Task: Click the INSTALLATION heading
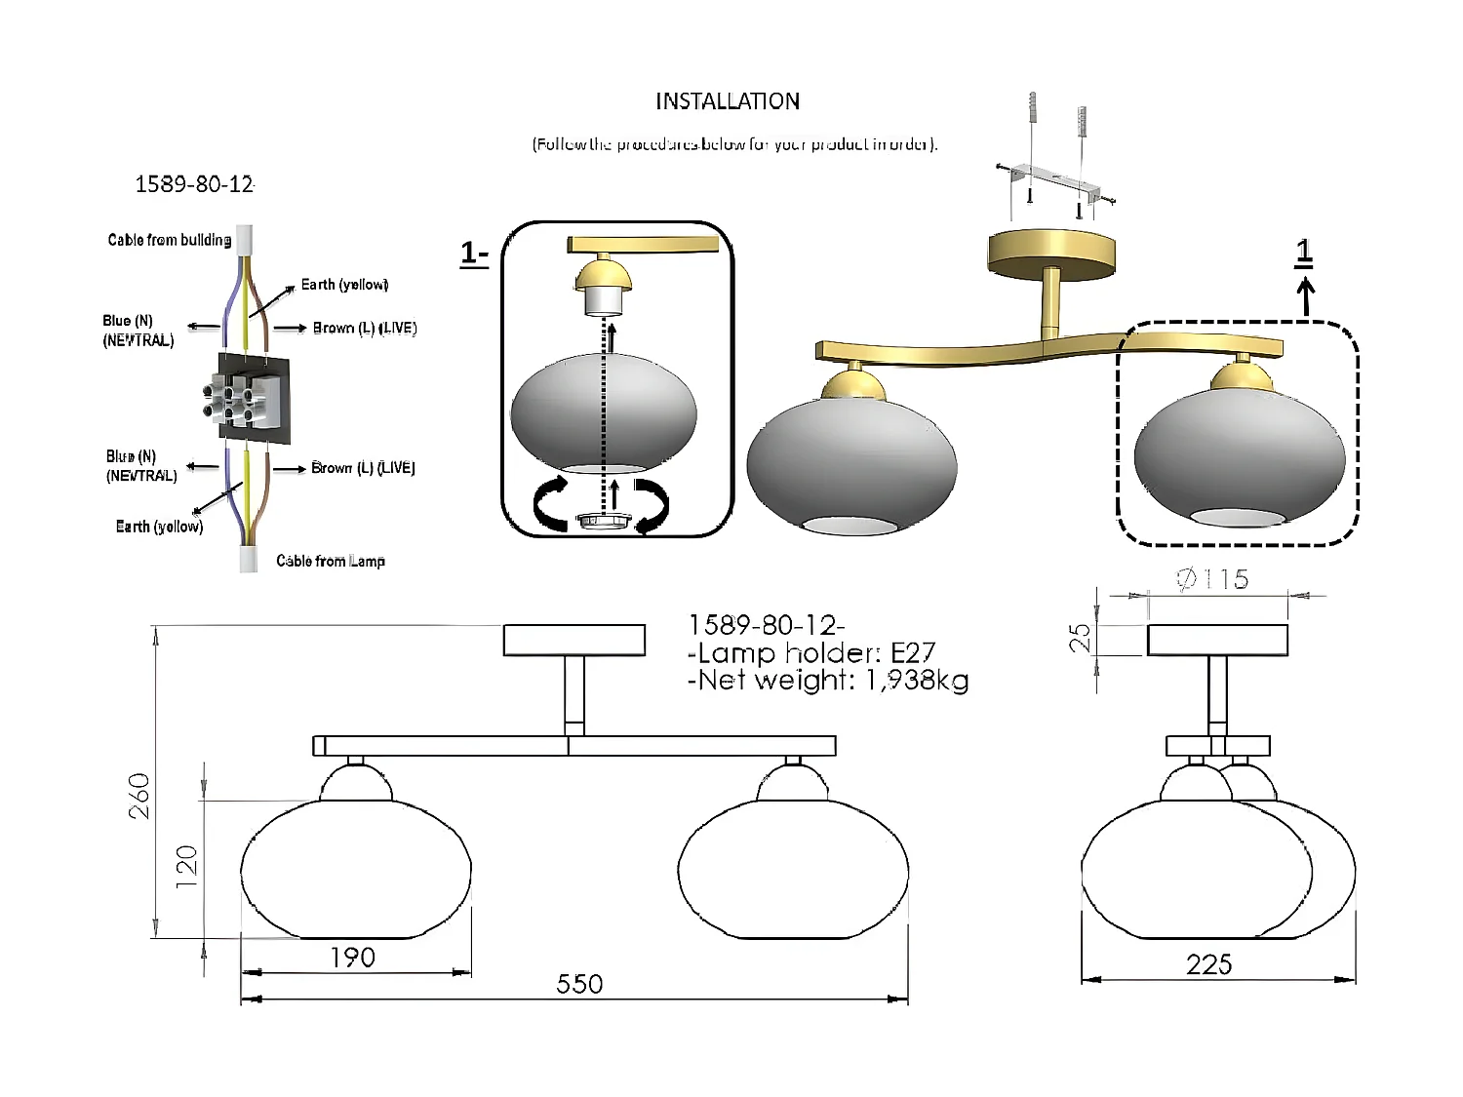(x=727, y=101)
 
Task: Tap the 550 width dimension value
(x=579, y=984)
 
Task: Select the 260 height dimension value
(x=140, y=795)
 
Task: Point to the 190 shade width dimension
(x=352, y=958)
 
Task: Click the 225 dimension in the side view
(x=1208, y=964)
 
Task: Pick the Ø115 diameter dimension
(x=1212, y=579)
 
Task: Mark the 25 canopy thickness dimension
(x=1080, y=638)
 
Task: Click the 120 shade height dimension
(x=186, y=866)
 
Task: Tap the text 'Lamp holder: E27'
(x=811, y=652)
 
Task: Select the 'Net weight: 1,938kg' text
(x=828, y=680)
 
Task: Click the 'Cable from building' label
(x=169, y=240)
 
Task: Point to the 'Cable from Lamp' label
(x=330, y=561)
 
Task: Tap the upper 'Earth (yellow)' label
(x=344, y=285)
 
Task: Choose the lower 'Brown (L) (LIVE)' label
(x=363, y=468)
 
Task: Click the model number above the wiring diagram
(x=194, y=184)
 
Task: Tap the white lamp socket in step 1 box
(x=603, y=301)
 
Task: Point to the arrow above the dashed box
(x=1306, y=295)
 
